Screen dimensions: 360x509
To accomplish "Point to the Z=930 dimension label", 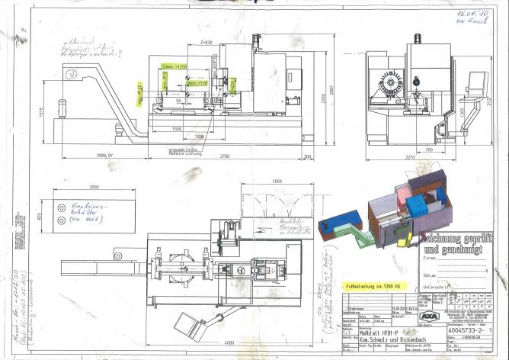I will click(205, 41).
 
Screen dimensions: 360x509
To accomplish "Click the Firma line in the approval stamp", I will click(457, 259).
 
